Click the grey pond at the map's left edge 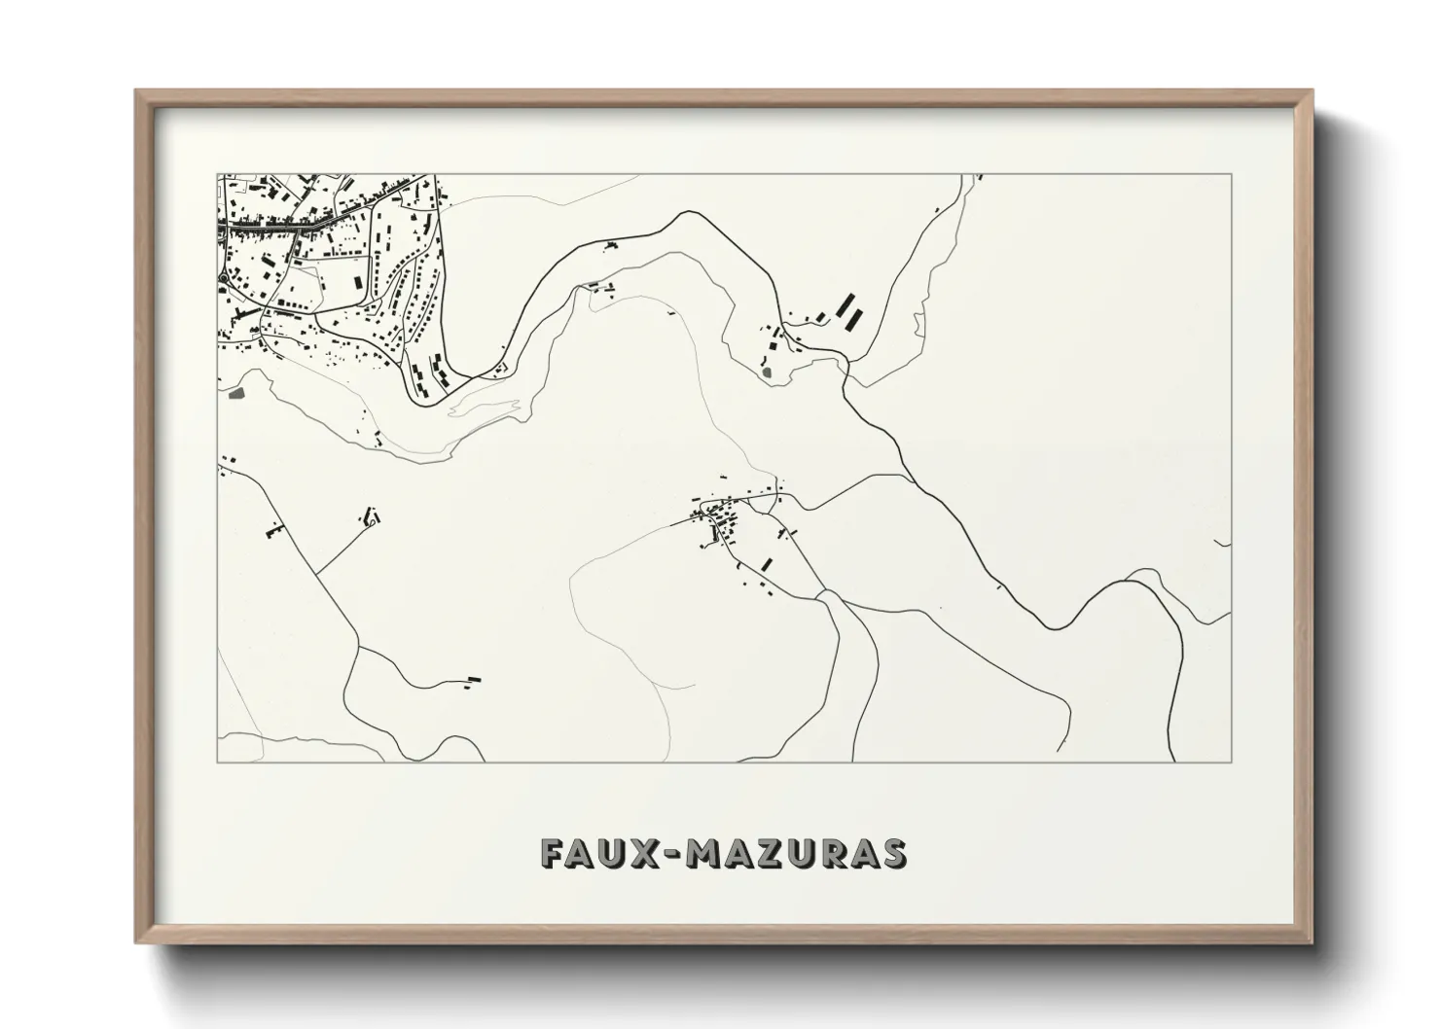pos(234,395)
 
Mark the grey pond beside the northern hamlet pos(769,371)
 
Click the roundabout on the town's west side pos(224,279)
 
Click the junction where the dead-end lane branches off pos(317,573)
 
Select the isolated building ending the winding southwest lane pos(474,678)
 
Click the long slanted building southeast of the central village pos(766,562)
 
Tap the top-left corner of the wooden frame pos(137,91)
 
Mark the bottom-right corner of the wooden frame pos(1313,943)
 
